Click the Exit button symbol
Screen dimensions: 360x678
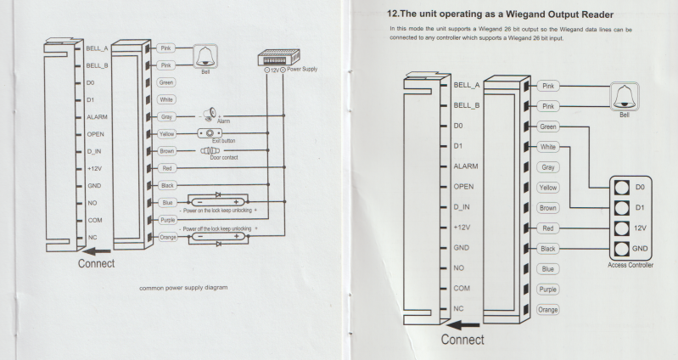[208, 134]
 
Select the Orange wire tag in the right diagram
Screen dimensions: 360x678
[548, 309]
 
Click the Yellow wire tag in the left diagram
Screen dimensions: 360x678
[166, 134]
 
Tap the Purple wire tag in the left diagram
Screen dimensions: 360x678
[166, 220]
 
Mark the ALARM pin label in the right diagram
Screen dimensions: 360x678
[468, 166]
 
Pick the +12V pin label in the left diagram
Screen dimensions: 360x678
[96, 168]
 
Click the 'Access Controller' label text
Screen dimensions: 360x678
[629, 265]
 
